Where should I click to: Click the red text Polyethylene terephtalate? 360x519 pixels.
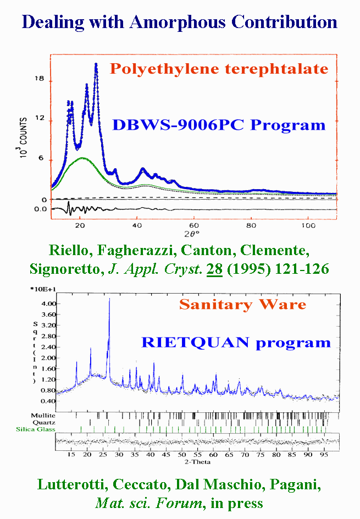tap(219, 69)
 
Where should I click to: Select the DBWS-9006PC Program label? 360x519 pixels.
tap(219, 125)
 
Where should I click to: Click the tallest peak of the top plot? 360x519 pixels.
tap(96, 64)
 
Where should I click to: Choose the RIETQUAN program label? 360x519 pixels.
tap(236, 343)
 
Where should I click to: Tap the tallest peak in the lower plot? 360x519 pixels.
tap(109, 299)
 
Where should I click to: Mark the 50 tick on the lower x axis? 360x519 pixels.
tap(182, 456)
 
